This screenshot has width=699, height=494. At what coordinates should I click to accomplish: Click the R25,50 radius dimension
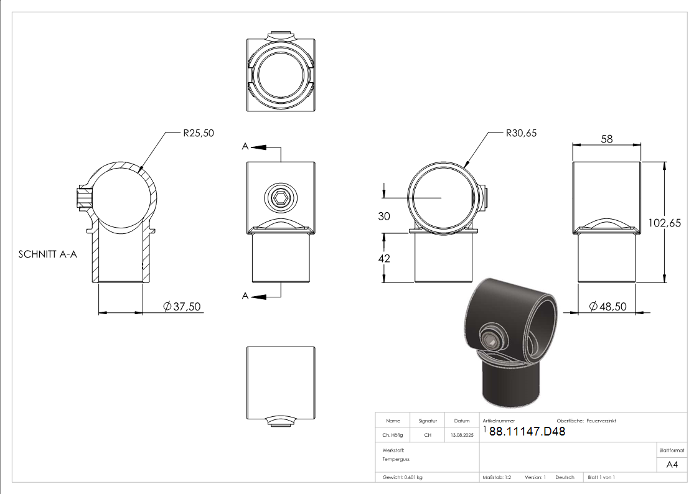pyautogui.click(x=199, y=133)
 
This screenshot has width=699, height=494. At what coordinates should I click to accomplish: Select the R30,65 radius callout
pyautogui.click(x=521, y=133)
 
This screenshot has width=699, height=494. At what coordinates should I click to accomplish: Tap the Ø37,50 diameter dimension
pyautogui.click(x=182, y=307)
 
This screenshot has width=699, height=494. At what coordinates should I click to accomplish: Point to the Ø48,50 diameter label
pyautogui.click(x=608, y=307)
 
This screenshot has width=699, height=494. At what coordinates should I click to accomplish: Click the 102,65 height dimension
pyautogui.click(x=664, y=223)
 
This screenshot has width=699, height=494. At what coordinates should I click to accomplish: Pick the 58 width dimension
pyautogui.click(x=607, y=139)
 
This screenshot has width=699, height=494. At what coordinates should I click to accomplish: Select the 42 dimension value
pyautogui.click(x=384, y=258)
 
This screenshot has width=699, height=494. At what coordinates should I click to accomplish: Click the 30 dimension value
pyautogui.click(x=384, y=216)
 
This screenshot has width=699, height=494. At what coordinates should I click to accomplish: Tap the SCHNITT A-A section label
pyautogui.click(x=48, y=254)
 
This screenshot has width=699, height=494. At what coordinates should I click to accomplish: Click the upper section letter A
pyautogui.click(x=245, y=146)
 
